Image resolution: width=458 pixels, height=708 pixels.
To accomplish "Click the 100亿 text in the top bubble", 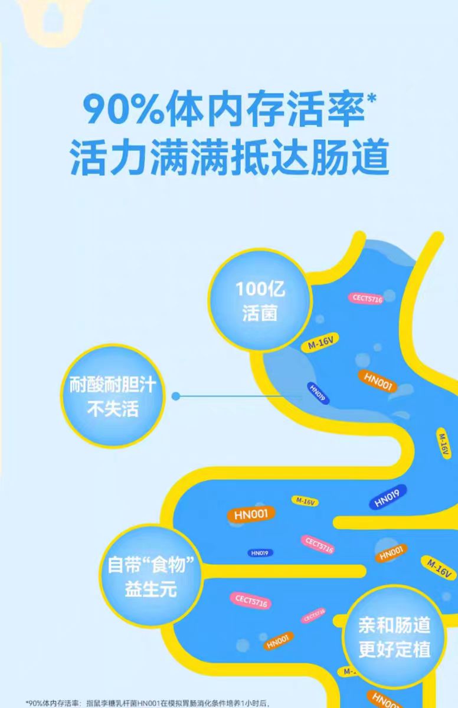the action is click(x=259, y=290).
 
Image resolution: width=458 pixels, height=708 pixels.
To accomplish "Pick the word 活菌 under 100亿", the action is click(x=260, y=313).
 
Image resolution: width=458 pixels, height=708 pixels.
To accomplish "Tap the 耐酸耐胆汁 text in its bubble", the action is click(x=112, y=386).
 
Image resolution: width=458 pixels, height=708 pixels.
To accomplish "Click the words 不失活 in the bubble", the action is click(x=112, y=409).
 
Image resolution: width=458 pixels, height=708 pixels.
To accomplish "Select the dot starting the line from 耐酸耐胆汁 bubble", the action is click(x=175, y=396).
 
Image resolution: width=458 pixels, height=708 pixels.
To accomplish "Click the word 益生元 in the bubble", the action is click(x=151, y=589).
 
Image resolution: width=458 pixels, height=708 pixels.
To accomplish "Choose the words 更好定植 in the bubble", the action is click(x=394, y=649).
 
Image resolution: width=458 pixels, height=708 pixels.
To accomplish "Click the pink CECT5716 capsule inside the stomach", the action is click(x=367, y=299).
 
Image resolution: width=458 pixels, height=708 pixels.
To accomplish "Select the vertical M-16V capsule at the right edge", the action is click(x=444, y=443).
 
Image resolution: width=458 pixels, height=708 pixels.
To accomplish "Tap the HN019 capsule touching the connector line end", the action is click(x=318, y=394).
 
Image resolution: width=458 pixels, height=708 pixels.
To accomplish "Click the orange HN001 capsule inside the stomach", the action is click(x=377, y=382).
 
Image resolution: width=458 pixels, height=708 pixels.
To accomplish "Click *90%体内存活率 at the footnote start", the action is click(x=53, y=703).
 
